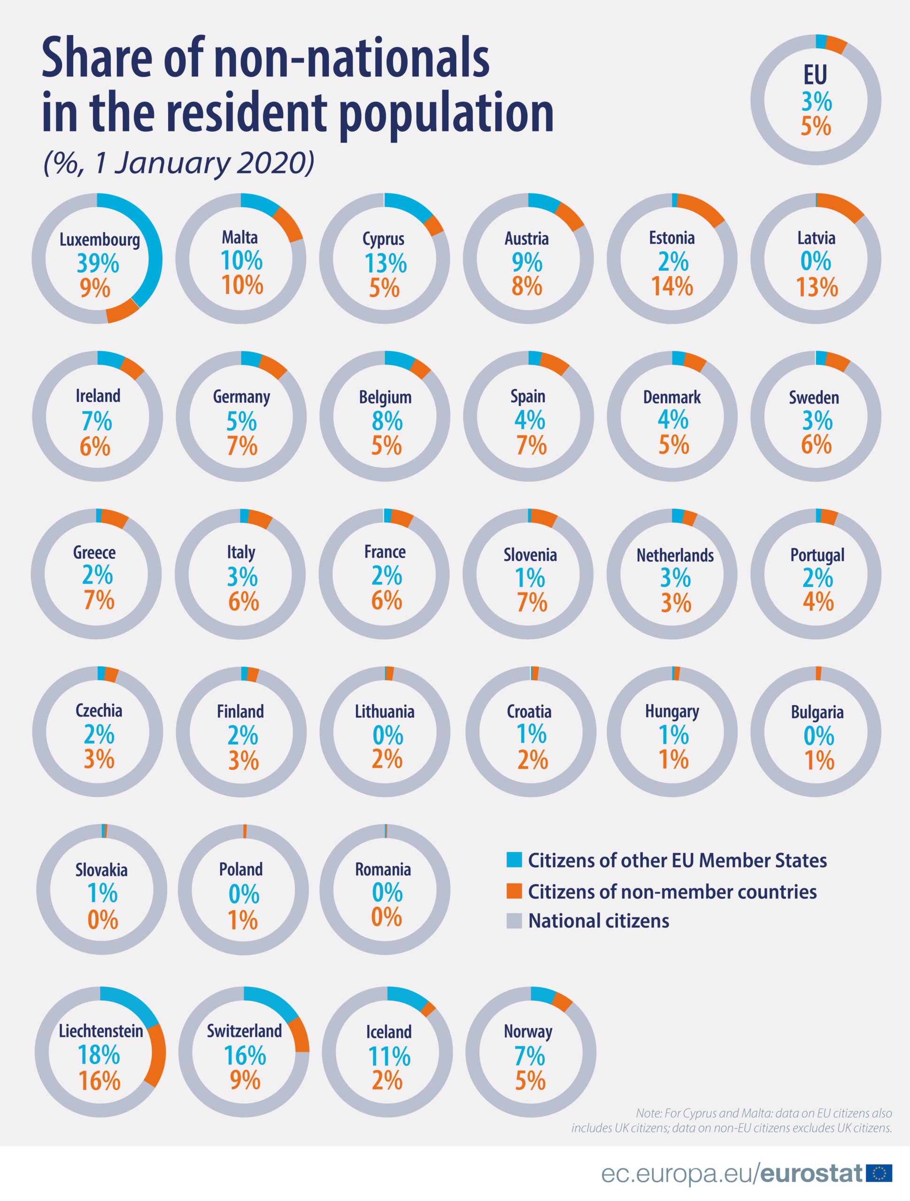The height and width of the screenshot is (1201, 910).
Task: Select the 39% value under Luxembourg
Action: coord(98,263)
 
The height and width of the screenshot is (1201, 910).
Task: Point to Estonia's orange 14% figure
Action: coord(672,286)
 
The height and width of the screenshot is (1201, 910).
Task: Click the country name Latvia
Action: coord(816,238)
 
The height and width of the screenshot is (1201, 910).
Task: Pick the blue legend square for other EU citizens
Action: coord(514,859)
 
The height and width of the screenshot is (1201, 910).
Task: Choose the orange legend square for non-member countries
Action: coord(514,891)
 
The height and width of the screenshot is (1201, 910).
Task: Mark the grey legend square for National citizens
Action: coord(514,920)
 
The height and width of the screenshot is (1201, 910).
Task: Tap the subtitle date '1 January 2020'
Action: coord(203,162)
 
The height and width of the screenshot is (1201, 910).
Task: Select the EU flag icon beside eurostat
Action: coord(879,1173)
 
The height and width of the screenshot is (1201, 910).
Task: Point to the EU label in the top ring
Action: coord(816,75)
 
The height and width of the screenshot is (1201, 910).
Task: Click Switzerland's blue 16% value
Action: coord(245,1056)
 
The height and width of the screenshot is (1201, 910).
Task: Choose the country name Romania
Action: coord(383,869)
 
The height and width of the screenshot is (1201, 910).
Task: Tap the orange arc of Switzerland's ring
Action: coord(301,1035)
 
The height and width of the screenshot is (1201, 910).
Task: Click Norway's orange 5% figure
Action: coord(530,1080)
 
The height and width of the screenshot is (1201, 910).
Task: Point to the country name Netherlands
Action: coord(675,555)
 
